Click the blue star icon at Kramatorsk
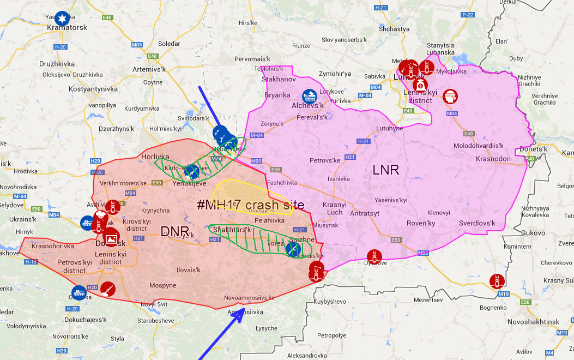tap(62, 17)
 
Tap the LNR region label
tap(386, 170)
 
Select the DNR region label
tap(175, 231)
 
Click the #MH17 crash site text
tap(250, 205)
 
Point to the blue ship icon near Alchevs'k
tap(310, 97)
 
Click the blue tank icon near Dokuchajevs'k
tap(79, 292)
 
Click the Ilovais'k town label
tap(189, 270)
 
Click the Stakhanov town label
tap(278, 79)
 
